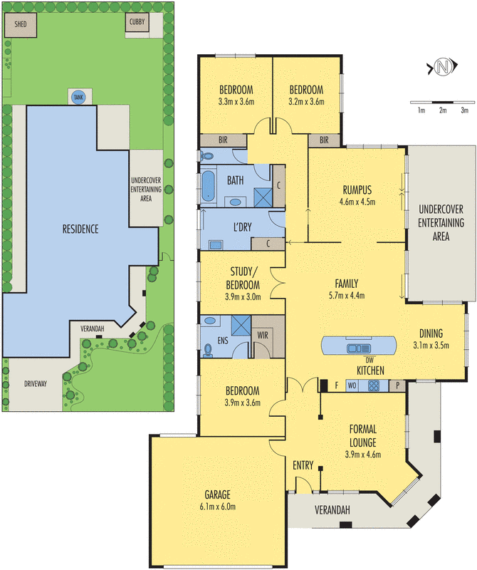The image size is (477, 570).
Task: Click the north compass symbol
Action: pyautogui.click(x=444, y=68)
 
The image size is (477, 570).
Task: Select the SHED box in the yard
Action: pyautogui.click(x=18, y=26)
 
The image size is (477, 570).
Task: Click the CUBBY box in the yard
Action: pyautogui.click(x=137, y=26)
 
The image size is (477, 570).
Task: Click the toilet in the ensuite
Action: pyautogui.click(x=208, y=349)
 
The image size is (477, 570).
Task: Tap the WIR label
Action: pyautogui.click(x=263, y=332)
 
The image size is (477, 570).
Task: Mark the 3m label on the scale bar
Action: pyautogui.click(x=465, y=110)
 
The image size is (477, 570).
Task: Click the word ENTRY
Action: pyautogui.click(x=303, y=465)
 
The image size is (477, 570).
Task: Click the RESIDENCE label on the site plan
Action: pyautogui.click(x=80, y=229)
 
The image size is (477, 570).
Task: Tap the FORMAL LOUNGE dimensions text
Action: pyautogui.click(x=362, y=454)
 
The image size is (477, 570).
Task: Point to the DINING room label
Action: pyautogui.click(x=431, y=333)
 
